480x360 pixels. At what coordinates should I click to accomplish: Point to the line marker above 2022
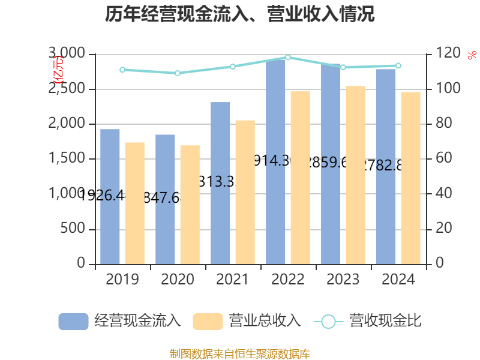pyautogui.click(x=288, y=58)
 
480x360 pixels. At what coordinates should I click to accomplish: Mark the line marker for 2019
pyautogui.click(x=122, y=70)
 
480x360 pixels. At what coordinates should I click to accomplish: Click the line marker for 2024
pyautogui.click(x=398, y=65)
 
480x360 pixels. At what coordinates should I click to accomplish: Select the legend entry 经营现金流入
pyautogui.click(x=120, y=321)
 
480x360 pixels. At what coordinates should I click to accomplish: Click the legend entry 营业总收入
pyautogui.click(x=247, y=321)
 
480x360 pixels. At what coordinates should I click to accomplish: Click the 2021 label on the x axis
pyautogui.click(x=233, y=280)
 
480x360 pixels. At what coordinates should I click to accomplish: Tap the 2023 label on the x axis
pyautogui.click(x=343, y=280)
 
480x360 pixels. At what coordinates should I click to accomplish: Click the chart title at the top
pyautogui.click(x=240, y=14)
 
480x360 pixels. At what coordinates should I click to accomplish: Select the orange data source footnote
pyautogui.click(x=240, y=353)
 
